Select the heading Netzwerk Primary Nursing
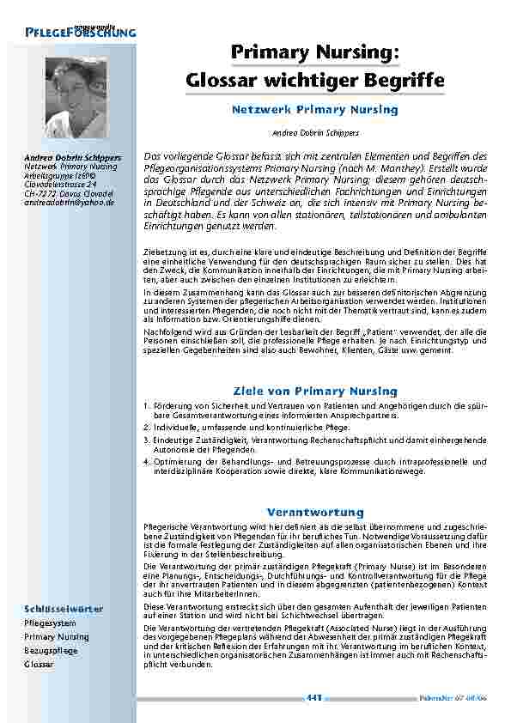[315, 110]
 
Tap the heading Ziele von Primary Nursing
[315, 391]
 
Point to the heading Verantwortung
[315, 512]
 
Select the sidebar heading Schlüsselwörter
[64, 609]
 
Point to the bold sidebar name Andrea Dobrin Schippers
[72, 158]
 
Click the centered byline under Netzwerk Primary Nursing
[315, 133]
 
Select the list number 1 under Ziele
[147, 407]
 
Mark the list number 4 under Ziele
[147, 461]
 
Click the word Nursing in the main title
[356, 53]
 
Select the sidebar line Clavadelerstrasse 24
[59, 185]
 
